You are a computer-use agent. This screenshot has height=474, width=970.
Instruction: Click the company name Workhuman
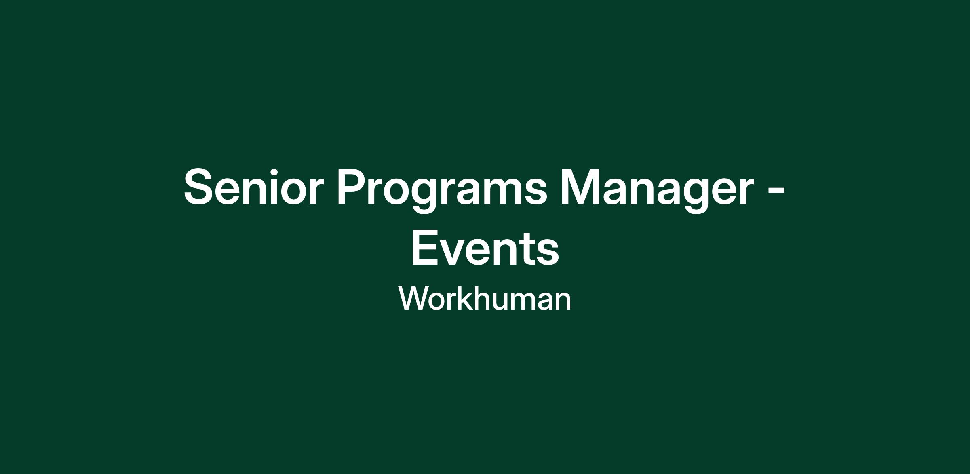[x=485, y=298]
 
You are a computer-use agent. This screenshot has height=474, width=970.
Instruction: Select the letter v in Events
[x=455, y=253]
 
